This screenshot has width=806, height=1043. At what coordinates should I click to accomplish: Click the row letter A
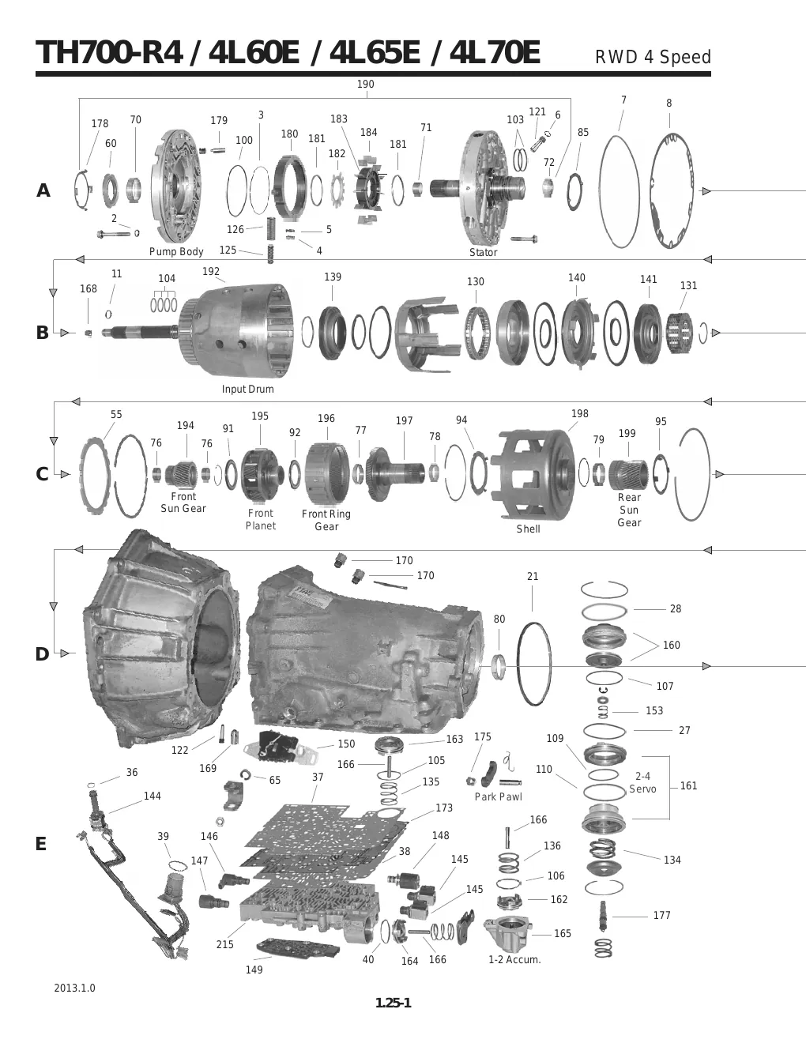tap(43, 190)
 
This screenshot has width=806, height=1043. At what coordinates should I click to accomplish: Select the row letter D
tap(42, 653)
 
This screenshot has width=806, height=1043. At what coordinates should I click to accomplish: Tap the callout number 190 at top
tap(365, 84)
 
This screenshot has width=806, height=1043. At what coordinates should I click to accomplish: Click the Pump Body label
tap(176, 251)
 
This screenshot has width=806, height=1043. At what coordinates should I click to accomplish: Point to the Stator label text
tap(483, 252)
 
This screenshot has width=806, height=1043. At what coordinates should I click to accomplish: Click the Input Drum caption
tap(247, 389)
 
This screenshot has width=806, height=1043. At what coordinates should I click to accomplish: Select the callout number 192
tap(211, 271)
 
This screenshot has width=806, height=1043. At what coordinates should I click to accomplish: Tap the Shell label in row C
tap(528, 529)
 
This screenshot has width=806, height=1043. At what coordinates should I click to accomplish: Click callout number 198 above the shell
tap(579, 413)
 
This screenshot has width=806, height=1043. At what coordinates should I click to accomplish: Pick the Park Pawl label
tap(499, 796)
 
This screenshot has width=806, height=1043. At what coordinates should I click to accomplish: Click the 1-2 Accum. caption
tap(514, 959)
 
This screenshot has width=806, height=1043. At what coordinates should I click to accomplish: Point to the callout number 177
tap(661, 915)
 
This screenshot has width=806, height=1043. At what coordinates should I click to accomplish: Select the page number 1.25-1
tap(394, 1003)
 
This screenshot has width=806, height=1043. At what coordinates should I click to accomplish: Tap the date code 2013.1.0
tap(74, 988)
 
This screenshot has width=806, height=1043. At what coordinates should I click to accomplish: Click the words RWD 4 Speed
tap(653, 57)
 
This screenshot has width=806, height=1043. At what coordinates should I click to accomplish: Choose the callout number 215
tap(224, 944)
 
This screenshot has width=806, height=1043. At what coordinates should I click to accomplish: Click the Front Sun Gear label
tap(183, 502)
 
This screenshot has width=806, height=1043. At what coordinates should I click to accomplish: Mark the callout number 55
tap(116, 414)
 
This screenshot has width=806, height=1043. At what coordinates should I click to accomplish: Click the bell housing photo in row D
tap(161, 638)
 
